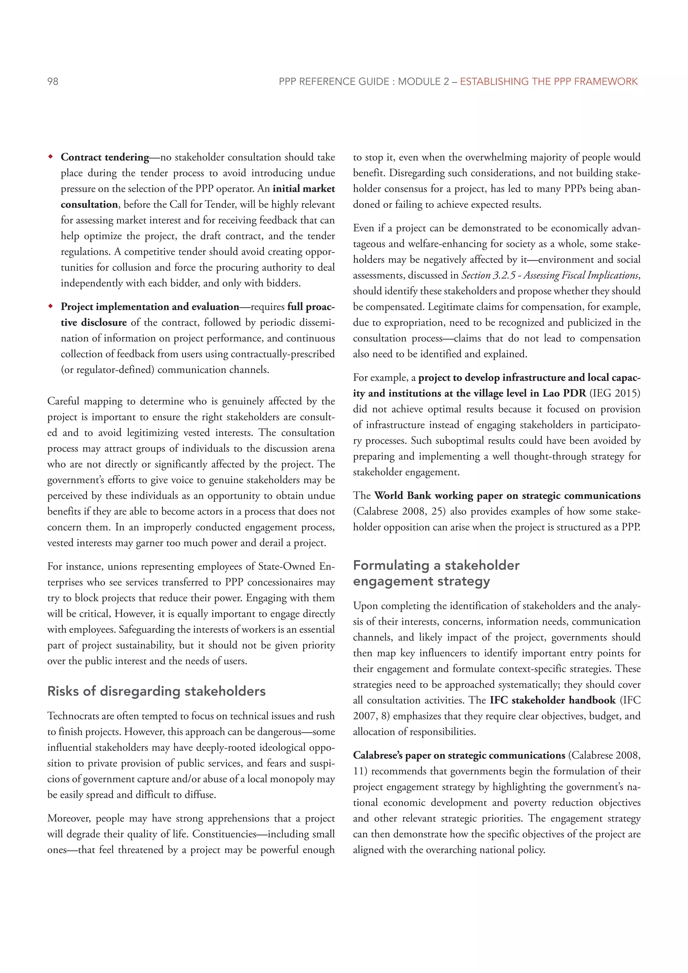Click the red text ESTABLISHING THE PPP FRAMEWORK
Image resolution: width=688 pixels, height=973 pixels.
point(549,81)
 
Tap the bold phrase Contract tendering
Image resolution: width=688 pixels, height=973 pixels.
point(104,157)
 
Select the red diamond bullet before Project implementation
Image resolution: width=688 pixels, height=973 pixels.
point(50,306)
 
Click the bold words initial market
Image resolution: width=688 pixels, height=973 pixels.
point(304,188)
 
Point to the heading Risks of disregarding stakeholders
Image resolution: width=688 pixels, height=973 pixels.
point(156,691)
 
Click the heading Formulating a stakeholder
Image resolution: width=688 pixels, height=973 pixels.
point(436,565)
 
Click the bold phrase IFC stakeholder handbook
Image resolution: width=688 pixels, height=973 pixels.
point(552,700)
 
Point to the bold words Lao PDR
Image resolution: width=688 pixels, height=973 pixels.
point(564,393)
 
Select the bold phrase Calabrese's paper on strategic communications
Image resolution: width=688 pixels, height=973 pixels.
point(459,755)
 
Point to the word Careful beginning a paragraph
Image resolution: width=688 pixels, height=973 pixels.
point(63,401)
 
